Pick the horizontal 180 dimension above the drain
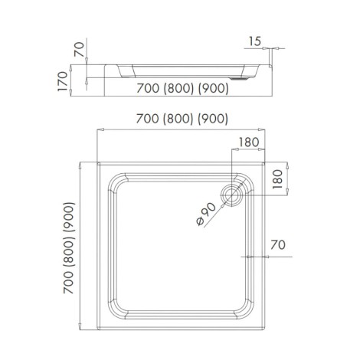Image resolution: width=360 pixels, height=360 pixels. point(247,142)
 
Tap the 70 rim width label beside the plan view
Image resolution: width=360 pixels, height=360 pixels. point(277,246)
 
